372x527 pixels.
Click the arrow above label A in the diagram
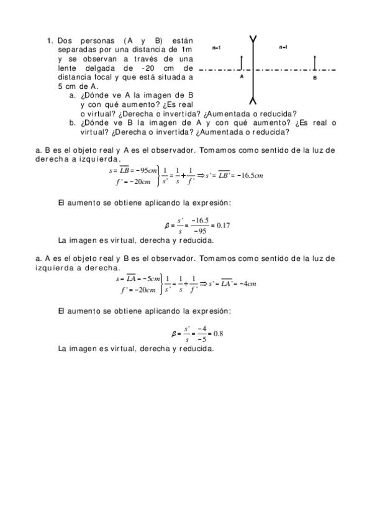[x=240, y=62]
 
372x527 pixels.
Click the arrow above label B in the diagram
[x=315, y=62]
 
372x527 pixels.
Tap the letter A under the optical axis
[x=241, y=78]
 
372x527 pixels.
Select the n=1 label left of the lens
[x=217, y=47]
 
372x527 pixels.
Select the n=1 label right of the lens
[x=283, y=47]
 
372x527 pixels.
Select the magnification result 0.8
[x=218, y=334]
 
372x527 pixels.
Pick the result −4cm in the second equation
[x=245, y=283]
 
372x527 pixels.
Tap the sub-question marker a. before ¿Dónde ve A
[x=72, y=96]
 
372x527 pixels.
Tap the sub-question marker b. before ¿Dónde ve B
[x=72, y=122]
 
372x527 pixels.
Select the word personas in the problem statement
[x=95, y=41]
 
